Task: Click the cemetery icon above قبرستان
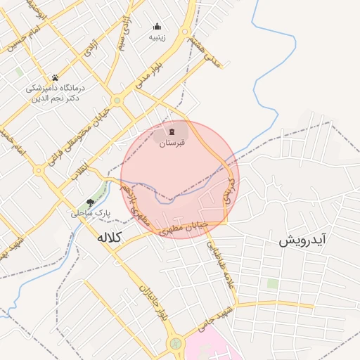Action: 172,131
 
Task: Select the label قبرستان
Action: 172,143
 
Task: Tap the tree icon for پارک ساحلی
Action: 90,202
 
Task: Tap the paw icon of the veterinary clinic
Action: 55,77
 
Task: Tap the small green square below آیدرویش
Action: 272,283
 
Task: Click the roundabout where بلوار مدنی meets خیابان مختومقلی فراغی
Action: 117,101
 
